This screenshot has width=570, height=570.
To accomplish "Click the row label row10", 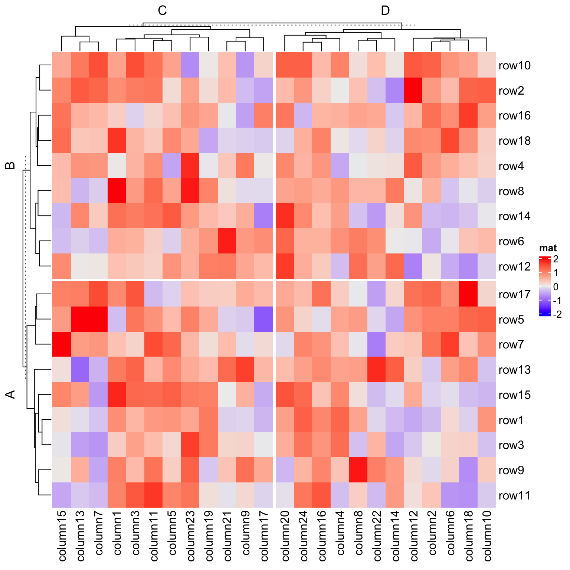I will point(514,66).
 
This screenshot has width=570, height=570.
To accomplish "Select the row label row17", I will point(514,295).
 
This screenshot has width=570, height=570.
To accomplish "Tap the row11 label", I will point(514,496).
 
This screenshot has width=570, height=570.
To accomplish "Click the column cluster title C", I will point(162,11).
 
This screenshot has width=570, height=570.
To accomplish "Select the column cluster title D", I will point(385,11).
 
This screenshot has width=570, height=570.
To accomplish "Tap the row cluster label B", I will point(11,166).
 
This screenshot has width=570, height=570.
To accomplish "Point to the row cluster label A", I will point(11,394).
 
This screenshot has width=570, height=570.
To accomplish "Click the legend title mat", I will point(548,248).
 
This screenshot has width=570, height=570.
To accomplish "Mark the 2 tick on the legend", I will point(556,259).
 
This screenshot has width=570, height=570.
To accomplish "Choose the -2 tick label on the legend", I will point(557,315).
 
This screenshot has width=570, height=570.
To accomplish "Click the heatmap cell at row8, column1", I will point(117,191).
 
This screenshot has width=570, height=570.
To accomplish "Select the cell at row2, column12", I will point(413,90).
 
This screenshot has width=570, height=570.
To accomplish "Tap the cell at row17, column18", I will point(468,294).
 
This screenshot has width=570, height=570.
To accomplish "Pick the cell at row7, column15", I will point(62,344).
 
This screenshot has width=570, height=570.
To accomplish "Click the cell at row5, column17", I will point(264,319).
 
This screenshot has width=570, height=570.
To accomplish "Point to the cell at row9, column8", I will point(358,470).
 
